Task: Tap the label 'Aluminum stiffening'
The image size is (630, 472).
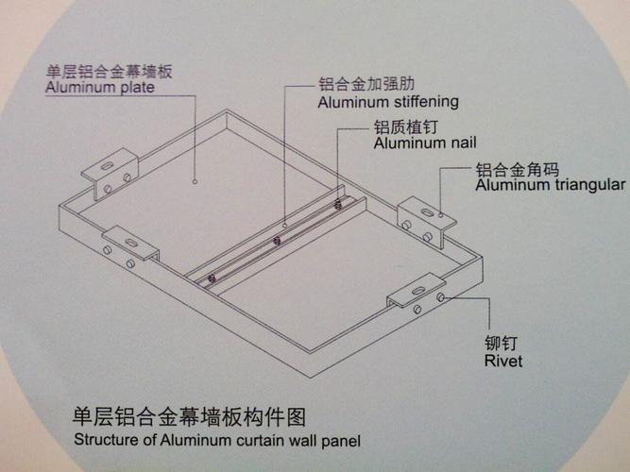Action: (x=388, y=101)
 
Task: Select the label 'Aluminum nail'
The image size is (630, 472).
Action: (x=424, y=143)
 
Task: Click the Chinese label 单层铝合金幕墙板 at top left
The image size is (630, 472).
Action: (x=111, y=71)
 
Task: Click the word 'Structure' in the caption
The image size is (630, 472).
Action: (x=105, y=440)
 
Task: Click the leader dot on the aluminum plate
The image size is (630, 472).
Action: (x=195, y=178)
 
